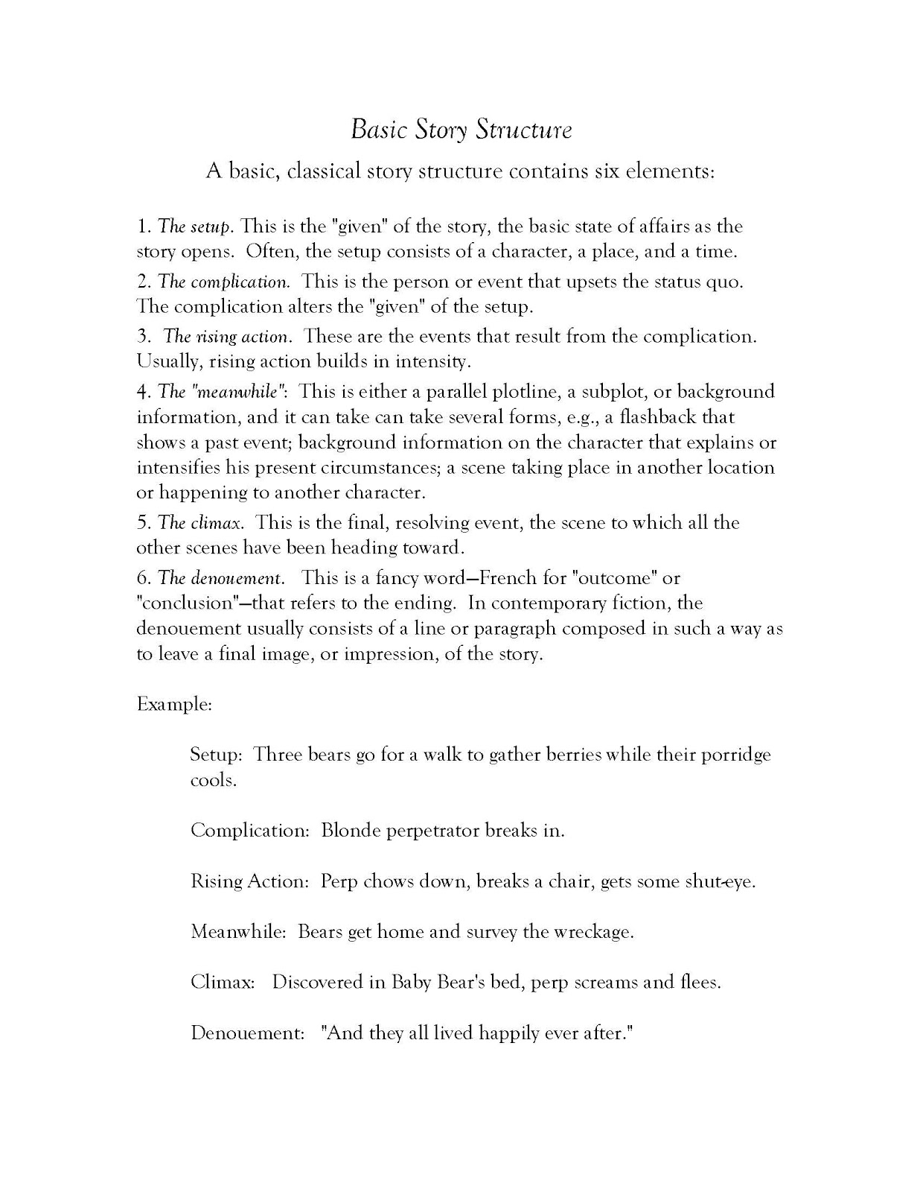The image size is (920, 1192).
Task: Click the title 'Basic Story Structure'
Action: [461, 130]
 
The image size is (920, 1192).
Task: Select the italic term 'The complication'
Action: [223, 282]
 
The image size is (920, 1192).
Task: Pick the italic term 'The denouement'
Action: [220, 578]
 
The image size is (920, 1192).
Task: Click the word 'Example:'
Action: [174, 704]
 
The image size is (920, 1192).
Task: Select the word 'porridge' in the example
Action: [733, 755]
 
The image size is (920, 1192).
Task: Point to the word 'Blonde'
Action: [351, 831]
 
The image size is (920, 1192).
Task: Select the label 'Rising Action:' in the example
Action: [249, 881]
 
